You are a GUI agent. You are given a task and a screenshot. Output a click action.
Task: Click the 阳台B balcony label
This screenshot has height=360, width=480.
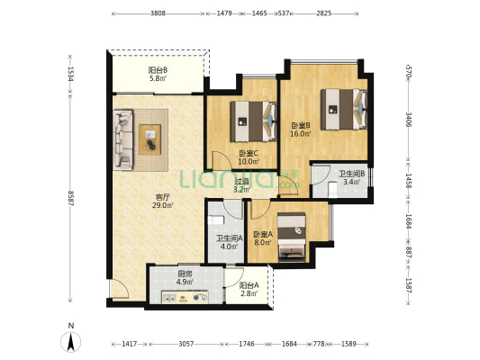tap(158, 70)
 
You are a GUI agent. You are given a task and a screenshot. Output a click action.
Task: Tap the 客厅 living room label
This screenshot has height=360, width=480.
tap(162, 197)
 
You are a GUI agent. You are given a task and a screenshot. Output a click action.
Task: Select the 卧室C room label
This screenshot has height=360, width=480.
tap(249, 154)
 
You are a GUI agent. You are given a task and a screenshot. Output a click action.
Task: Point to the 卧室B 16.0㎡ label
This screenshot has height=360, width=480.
tap(301, 130)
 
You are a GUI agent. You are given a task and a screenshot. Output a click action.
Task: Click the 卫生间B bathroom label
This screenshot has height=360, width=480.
tap(351, 174)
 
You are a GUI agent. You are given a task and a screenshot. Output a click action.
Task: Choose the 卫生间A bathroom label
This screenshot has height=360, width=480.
tap(230, 238)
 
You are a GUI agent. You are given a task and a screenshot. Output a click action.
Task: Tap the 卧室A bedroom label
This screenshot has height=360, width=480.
tap(263, 234)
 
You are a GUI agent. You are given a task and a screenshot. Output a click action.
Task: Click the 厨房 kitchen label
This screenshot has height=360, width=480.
tap(185, 274)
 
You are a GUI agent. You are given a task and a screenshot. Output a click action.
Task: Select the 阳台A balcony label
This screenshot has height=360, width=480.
tap(249, 285)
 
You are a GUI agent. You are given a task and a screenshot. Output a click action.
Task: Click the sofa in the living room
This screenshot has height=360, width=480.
tap(123, 139)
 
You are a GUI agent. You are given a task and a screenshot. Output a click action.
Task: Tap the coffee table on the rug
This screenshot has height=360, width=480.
tap(150, 139)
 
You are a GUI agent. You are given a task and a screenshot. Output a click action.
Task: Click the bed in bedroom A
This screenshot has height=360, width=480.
tap(292, 238)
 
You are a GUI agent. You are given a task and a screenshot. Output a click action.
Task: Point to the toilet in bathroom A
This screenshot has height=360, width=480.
tap(216, 220)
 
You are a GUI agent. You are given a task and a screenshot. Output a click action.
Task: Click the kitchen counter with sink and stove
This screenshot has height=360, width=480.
tap(185, 297)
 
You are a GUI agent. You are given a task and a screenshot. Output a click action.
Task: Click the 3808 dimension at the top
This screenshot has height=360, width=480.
tap(158, 13)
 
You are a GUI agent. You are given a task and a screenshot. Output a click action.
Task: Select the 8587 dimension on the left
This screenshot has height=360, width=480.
tap(71, 198)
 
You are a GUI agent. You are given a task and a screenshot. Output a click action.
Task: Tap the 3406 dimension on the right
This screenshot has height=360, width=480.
tap(408, 120)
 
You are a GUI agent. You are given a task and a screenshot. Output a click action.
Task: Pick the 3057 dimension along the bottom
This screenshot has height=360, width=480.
tap(186, 344)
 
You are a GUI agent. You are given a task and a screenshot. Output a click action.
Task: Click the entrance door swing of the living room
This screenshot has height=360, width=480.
tap(120, 289)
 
